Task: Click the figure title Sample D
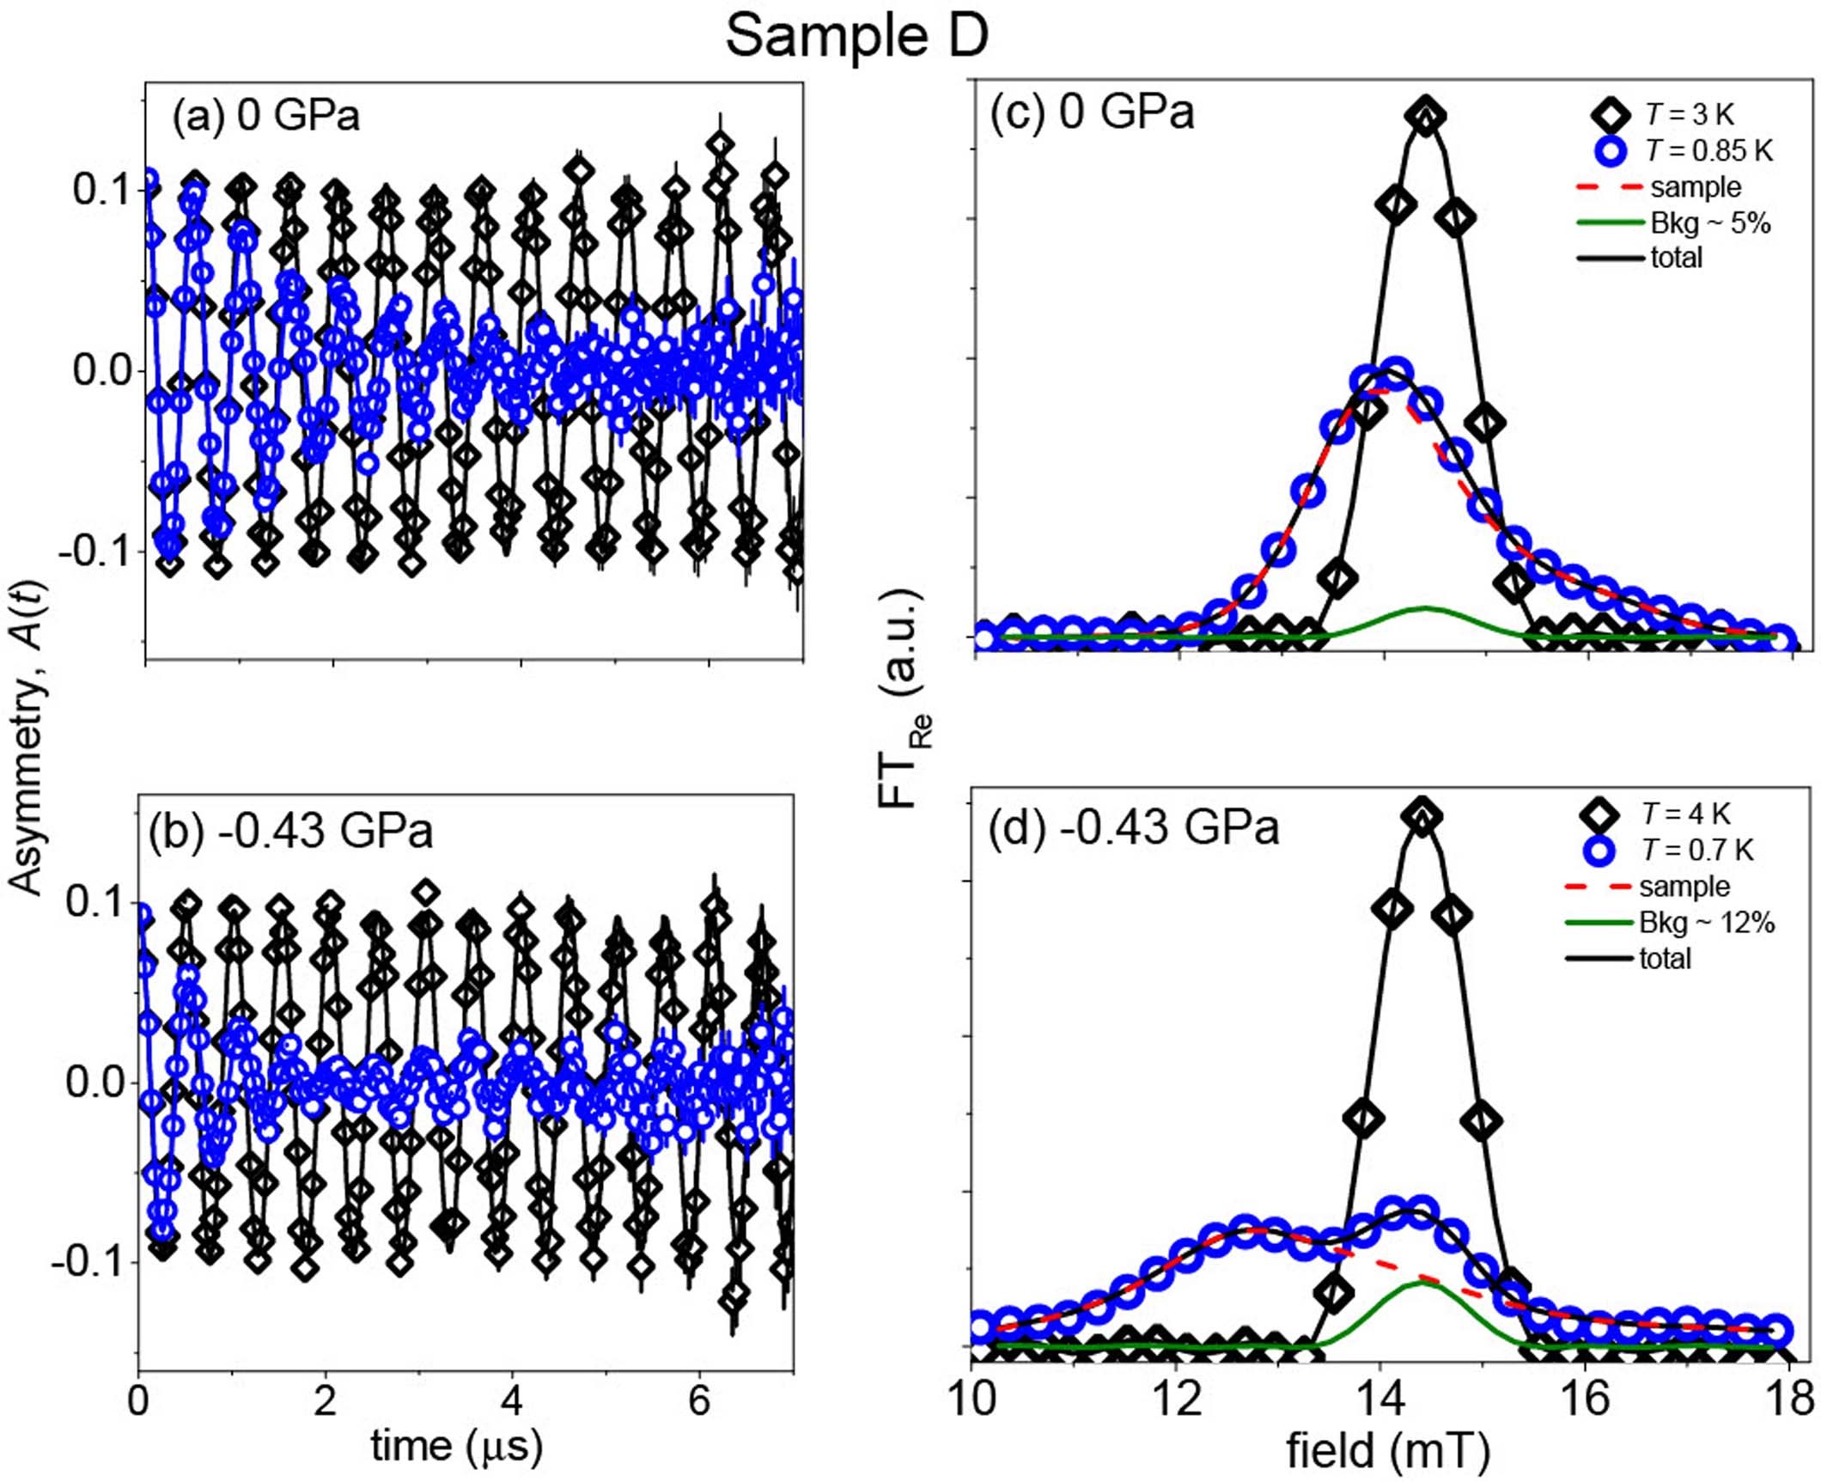tap(856, 37)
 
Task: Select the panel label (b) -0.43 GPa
tap(290, 831)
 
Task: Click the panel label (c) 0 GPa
tap(1092, 112)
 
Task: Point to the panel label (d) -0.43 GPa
tap(1134, 827)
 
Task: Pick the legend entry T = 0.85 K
tap(1708, 151)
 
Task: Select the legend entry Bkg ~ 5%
tap(1710, 223)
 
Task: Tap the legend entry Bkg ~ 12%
tap(1706, 923)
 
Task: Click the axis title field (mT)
tap(1387, 1451)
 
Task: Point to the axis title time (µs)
tap(456, 1445)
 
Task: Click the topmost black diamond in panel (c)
tap(1426, 115)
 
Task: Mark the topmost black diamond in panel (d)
tap(1422, 818)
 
